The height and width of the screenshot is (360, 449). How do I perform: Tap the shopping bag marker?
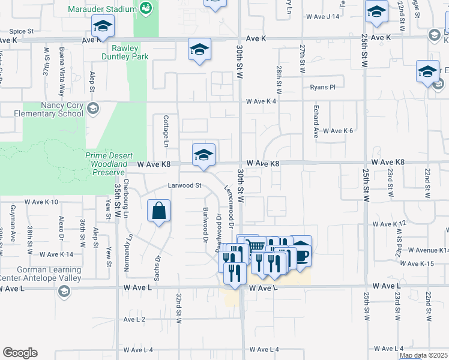[159, 211]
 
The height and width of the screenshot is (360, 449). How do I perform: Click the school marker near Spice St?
[103, 26]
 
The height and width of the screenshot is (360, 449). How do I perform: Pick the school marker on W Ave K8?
[203, 155]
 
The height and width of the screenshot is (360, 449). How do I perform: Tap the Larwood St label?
[184, 185]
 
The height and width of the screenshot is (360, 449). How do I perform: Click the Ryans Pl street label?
[322, 88]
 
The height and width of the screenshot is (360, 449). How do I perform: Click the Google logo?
[20, 353]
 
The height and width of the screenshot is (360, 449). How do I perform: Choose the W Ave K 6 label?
[338, 130]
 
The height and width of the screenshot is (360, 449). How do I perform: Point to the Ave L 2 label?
[134, 319]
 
